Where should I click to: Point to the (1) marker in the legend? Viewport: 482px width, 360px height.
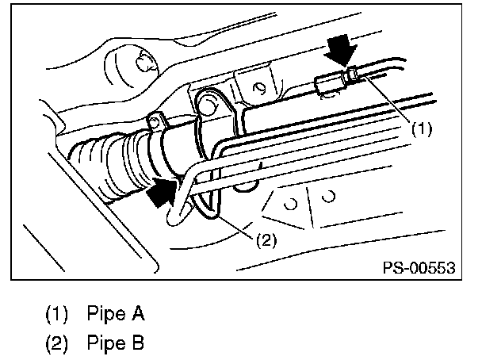coord(56,314)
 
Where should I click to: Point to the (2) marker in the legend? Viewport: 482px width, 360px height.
coord(56,345)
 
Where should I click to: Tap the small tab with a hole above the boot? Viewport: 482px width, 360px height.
coord(157,121)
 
